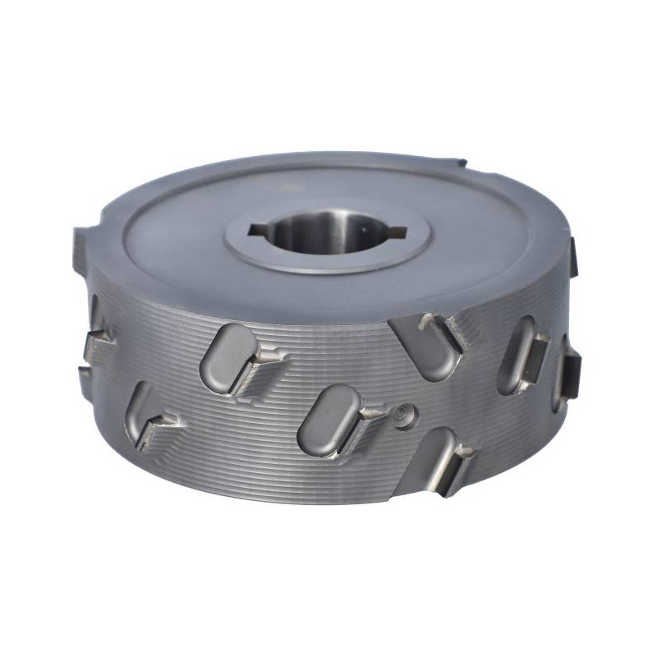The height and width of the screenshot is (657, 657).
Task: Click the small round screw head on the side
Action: (x=404, y=416)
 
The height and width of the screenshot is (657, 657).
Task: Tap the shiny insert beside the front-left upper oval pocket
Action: (x=269, y=358)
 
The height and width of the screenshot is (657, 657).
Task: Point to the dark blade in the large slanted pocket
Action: (x=444, y=332)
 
